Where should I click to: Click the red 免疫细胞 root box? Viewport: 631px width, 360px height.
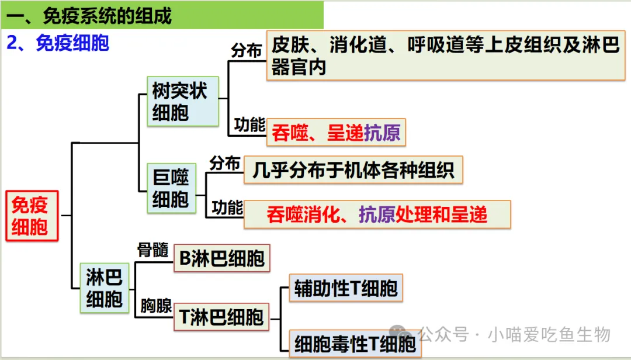[33, 215]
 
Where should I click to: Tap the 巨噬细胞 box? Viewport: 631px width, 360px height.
[171, 188]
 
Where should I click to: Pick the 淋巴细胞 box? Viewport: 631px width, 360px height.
[104, 288]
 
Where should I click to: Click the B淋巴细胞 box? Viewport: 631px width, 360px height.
[222, 258]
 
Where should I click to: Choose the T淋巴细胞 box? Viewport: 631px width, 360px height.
[221, 319]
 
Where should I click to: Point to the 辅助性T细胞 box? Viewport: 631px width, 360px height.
[346, 288]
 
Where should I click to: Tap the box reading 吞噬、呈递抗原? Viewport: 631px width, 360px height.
[336, 133]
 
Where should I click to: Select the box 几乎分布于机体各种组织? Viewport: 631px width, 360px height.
[353, 170]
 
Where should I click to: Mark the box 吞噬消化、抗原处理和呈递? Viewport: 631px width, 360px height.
[377, 214]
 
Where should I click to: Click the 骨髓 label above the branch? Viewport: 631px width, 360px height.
[152, 250]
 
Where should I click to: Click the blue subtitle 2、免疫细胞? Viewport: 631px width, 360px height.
[58, 43]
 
